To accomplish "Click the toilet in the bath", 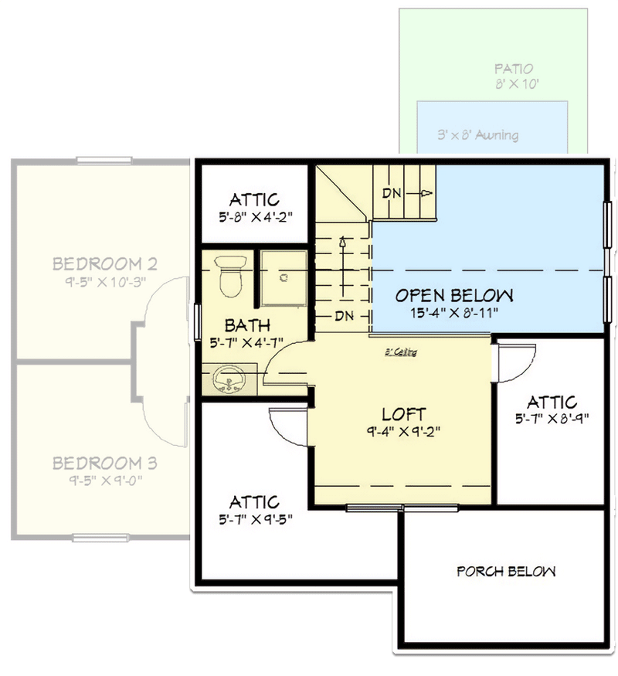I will (x=230, y=277).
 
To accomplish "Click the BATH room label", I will (x=247, y=324).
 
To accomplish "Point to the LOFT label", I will (x=403, y=415).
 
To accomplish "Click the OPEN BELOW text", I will (x=454, y=295).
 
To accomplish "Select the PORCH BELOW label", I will (x=506, y=572).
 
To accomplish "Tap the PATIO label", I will (x=514, y=70).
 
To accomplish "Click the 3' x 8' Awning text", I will (x=477, y=135).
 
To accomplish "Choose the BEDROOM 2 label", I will (x=105, y=264).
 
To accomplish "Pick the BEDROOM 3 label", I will (x=105, y=464).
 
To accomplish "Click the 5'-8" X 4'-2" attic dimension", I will (x=254, y=218).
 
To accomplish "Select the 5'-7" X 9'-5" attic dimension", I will (x=254, y=520).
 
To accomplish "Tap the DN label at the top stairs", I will (x=392, y=193).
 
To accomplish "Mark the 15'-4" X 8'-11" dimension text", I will (x=454, y=313).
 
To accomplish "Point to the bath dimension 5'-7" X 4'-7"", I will (x=247, y=341).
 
